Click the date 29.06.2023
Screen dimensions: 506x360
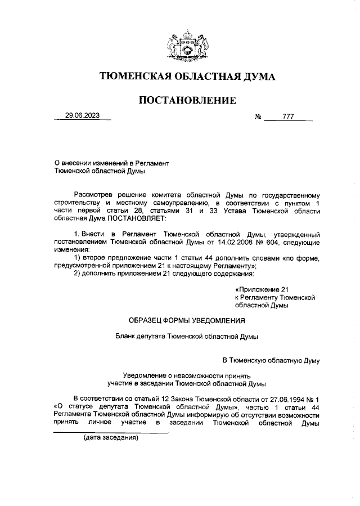coord(82,117)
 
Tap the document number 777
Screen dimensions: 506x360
coord(288,118)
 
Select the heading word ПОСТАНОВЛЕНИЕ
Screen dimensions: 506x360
coord(187,101)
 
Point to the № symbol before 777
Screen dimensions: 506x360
coord(258,118)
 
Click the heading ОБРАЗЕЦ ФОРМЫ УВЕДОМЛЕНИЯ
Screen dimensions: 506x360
coord(187,321)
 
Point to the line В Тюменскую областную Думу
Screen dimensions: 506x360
coord(271,359)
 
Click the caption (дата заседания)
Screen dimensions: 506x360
coord(111,437)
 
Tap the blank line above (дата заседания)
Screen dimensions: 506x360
coord(111,432)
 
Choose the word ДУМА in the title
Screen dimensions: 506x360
coord(256,76)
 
